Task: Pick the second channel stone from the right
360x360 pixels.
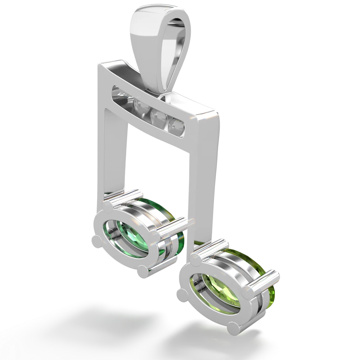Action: point(157,115)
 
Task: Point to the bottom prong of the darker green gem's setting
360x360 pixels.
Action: point(142,271)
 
